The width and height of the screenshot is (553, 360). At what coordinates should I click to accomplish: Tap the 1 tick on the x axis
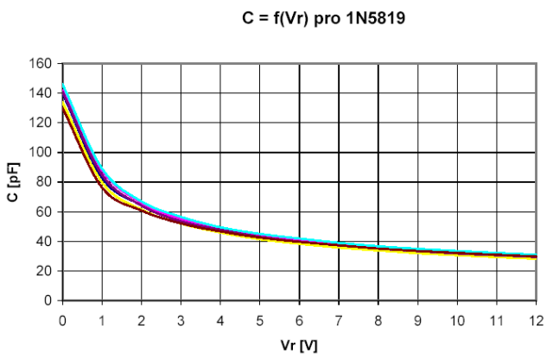(x=102, y=320)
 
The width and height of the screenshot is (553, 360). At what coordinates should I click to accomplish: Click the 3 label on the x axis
(x=181, y=320)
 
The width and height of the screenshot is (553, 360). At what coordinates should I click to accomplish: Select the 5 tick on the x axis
(x=260, y=320)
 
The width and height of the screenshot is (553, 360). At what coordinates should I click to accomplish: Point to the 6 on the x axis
(x=299, y=320)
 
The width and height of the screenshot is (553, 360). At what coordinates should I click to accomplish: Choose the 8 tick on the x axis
(x=378, y=320)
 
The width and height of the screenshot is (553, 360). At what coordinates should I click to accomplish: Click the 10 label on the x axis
(x=457, y=320)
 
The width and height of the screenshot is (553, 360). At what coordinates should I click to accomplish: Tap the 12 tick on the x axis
(x=536, y=320)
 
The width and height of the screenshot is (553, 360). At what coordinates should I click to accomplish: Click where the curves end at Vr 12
(x=535, y=256)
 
